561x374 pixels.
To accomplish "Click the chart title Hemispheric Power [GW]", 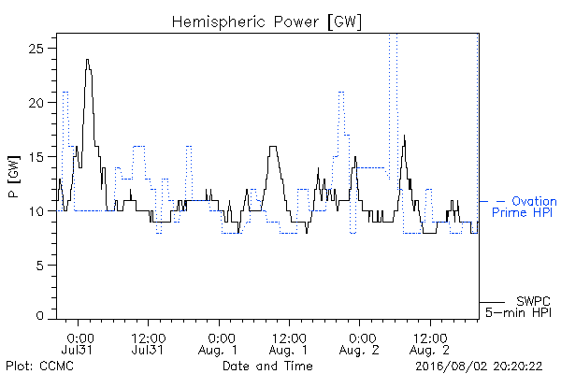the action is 266,22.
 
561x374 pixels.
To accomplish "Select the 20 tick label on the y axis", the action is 36,103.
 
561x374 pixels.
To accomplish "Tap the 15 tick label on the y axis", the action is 36,157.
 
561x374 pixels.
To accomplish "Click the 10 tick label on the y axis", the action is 36,211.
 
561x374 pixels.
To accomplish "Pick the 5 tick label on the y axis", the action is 39,266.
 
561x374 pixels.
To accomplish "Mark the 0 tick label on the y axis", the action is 39,315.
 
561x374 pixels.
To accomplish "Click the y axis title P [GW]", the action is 14,177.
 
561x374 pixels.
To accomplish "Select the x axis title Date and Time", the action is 267,366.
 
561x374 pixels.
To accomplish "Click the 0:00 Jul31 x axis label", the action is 78,344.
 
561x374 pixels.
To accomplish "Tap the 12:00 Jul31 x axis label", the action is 148,344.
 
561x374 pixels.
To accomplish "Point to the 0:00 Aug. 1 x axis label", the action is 218,344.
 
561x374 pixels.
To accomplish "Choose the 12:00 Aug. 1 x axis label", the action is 288,344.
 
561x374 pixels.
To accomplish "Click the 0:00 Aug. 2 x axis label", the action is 359,344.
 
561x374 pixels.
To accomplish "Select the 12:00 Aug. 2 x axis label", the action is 430,344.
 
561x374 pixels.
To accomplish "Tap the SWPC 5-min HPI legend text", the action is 518,307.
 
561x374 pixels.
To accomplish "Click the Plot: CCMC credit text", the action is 39,366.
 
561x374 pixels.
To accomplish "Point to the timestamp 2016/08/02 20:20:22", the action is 479,366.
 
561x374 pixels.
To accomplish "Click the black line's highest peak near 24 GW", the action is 87,60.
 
